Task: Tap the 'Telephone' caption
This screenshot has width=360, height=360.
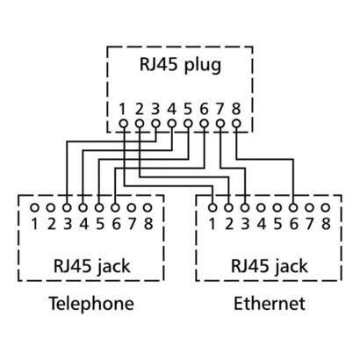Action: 91,304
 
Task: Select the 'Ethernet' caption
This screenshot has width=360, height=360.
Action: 270,304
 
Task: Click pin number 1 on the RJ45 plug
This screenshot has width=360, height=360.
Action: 124,109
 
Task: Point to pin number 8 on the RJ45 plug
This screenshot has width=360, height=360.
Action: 235,109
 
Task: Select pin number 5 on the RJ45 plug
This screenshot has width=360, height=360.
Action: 188,109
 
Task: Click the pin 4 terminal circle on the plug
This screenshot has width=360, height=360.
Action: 172,124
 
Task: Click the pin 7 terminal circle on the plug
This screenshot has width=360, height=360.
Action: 220,124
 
